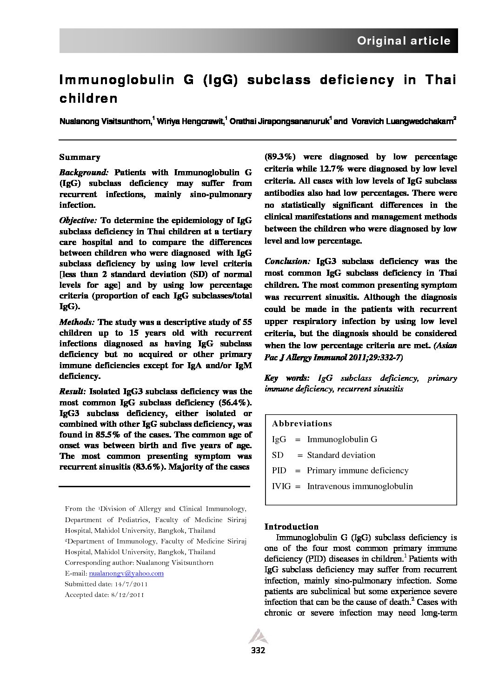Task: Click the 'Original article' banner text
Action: [x=403, y=41]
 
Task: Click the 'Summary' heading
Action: [x=80, y=157]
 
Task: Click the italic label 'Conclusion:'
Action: [x=287, y=261]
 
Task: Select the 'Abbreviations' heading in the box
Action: [x=302, y=424]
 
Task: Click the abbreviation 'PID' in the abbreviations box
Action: [x=279, y=471]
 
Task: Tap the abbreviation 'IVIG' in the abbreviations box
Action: [x=281, y=486]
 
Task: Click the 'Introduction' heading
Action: [x=291, y=527]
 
